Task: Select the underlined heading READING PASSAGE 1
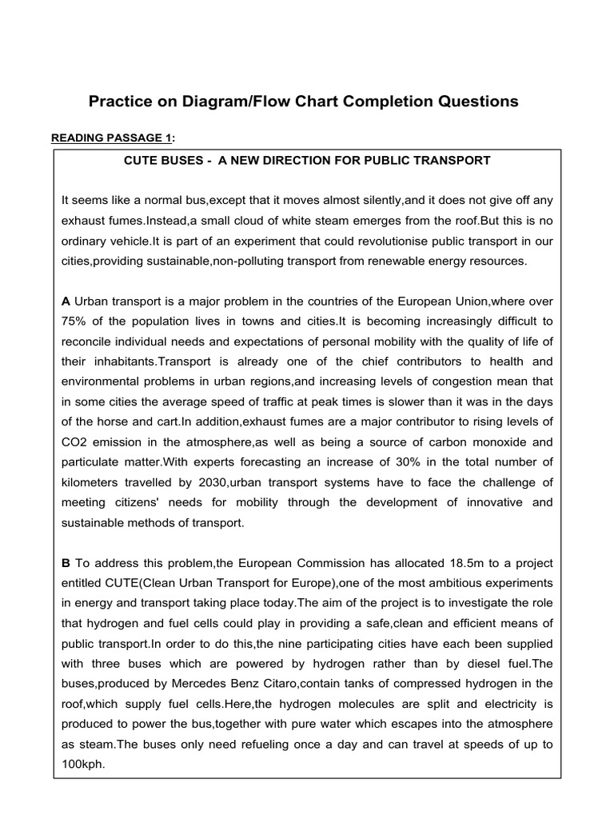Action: tap(113, 138)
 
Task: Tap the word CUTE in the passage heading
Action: tap(141, 160)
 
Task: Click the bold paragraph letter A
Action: tap(66, 301)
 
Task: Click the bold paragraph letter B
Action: tap(66, 562)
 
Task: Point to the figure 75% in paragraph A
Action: tap(74, 322)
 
